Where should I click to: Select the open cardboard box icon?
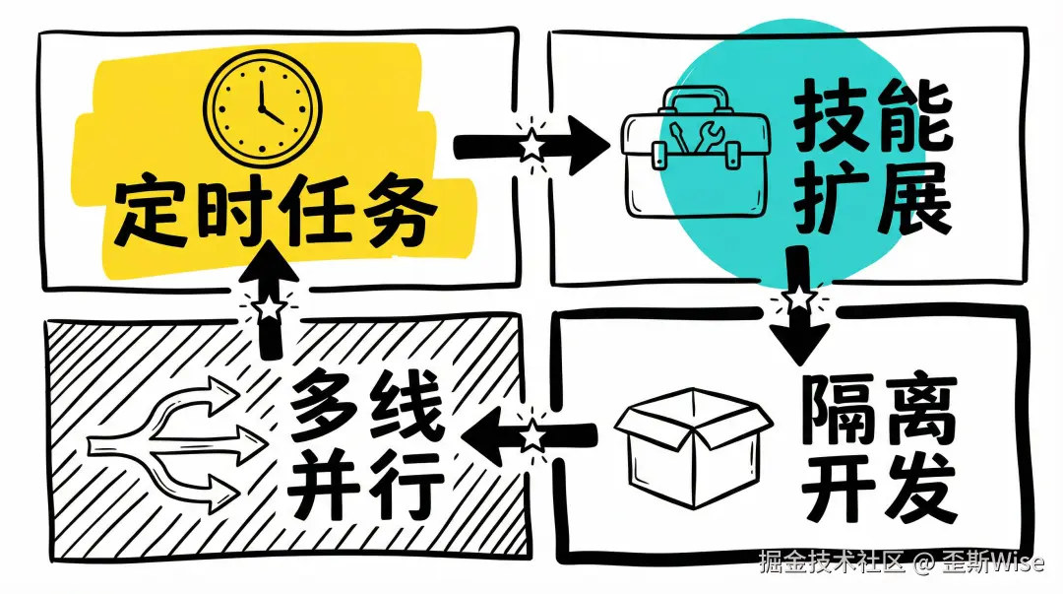(693, 447)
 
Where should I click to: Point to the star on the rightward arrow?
(531, 145)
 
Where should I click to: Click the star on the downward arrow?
(797, 297)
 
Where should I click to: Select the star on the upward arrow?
(268, 307)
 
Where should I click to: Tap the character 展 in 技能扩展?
(913, 200)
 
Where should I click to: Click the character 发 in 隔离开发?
(920, 487)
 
